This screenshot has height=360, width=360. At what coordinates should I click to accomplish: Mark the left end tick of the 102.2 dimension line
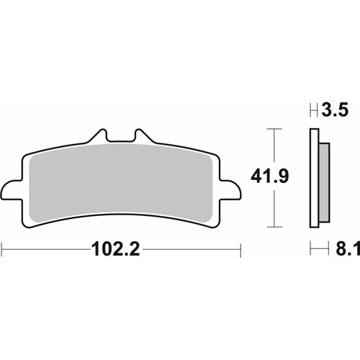pyautogui.click(x=2, y=251)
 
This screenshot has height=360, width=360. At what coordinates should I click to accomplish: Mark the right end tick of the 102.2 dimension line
pyautogui.click(x=239, y=251)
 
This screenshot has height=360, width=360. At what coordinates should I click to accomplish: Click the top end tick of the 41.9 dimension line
pyautogui.click(x=271, y=130)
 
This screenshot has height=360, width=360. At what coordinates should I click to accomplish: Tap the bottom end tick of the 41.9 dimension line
pyautogui.click(x=271, y=225)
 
